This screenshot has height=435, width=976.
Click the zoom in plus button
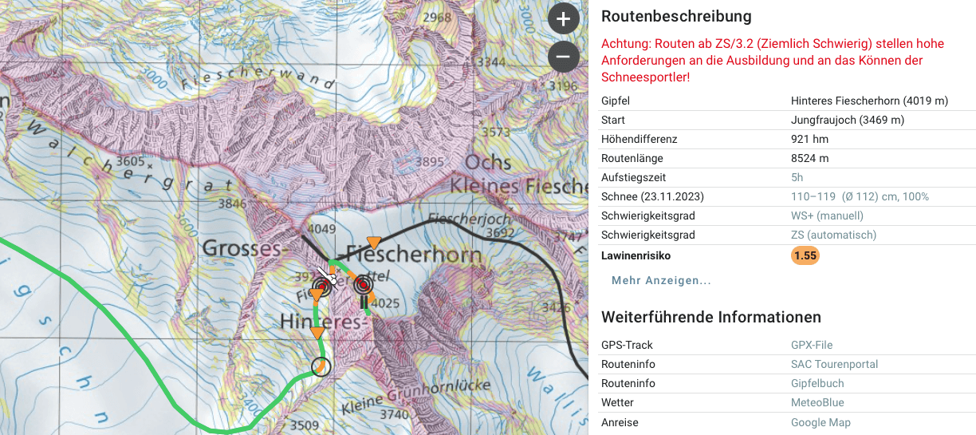coord(563,18)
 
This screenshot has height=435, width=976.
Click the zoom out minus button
coord(563,57)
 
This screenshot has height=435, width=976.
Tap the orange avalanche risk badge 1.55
coord(805,255)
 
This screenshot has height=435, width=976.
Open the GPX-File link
coord(811,345)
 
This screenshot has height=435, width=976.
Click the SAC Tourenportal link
coord(834,364)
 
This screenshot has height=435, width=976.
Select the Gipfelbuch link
coord(817,383)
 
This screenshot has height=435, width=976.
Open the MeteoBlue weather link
coord(817,402)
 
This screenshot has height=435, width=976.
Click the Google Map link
coord(821,422)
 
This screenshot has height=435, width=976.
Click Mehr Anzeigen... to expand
coord(661,280)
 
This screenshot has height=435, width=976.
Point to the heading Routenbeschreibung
coord(676,16)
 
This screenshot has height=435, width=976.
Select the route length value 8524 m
coord(809,158)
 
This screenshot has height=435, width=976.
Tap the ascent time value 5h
coord(797,177)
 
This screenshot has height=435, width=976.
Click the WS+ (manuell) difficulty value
coord(827,216)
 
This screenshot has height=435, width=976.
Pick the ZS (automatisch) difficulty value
coord(833,235)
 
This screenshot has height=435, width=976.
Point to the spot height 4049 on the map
coord(322,229)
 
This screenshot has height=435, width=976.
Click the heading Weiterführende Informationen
coord(710,317)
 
